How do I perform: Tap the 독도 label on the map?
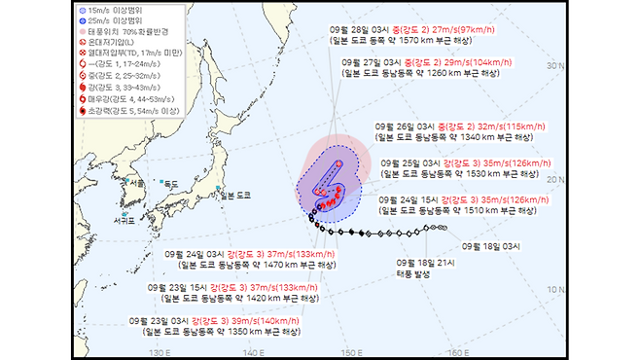pyautogui.click(x=171, y=183)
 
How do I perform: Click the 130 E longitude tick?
pyautogui.click(x=162, y=351)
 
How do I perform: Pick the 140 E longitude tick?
pyautogui.click(x=255, y=351)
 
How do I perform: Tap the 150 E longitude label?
pyautogui.click(x=350, y=351)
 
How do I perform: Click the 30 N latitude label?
pyautogui.click(x=556, y=66)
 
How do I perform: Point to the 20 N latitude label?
pyautogui.click(x=556, y=179)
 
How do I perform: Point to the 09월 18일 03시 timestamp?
pyautogui.click(x=519, y=245)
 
